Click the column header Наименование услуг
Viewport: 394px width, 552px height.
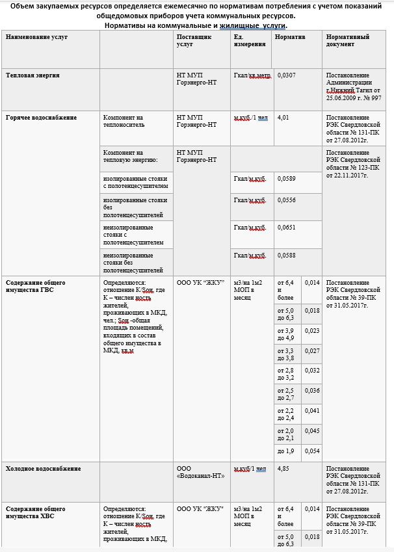pyautogui.click(x=36, y=37)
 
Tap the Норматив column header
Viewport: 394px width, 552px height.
pyautogui.click(x=290, y=37)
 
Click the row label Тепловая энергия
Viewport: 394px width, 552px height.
pyautogui.click(x=33, y=75)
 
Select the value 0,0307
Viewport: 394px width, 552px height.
pyautogui.click(x=287, y=75)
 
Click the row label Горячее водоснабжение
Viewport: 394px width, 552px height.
pyautogui.click(x=42, y=118)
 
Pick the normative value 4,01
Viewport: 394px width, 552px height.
pyautogui.click(x=283, y=118)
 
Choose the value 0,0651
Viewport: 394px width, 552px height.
pyautogui.click(x=287, y=228)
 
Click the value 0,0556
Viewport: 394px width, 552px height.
pyautogui.click(x=287, y=200)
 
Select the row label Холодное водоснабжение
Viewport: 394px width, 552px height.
pyautogui.click(x=44, y=468)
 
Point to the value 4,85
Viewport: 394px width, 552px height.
pyautogui.click(x=283, y=468)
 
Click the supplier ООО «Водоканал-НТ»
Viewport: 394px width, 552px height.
pyautogui.click(x=200, y=472)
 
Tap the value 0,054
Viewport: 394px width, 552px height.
pyautogui.click(x=312, y=451)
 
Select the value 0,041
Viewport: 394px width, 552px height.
pyautogui.click(x=312, y=411)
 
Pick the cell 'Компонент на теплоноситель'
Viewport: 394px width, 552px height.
pyautogui.click(x=124, y=121)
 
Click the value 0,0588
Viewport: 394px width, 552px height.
pyautogui.click(x=287, y=256)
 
